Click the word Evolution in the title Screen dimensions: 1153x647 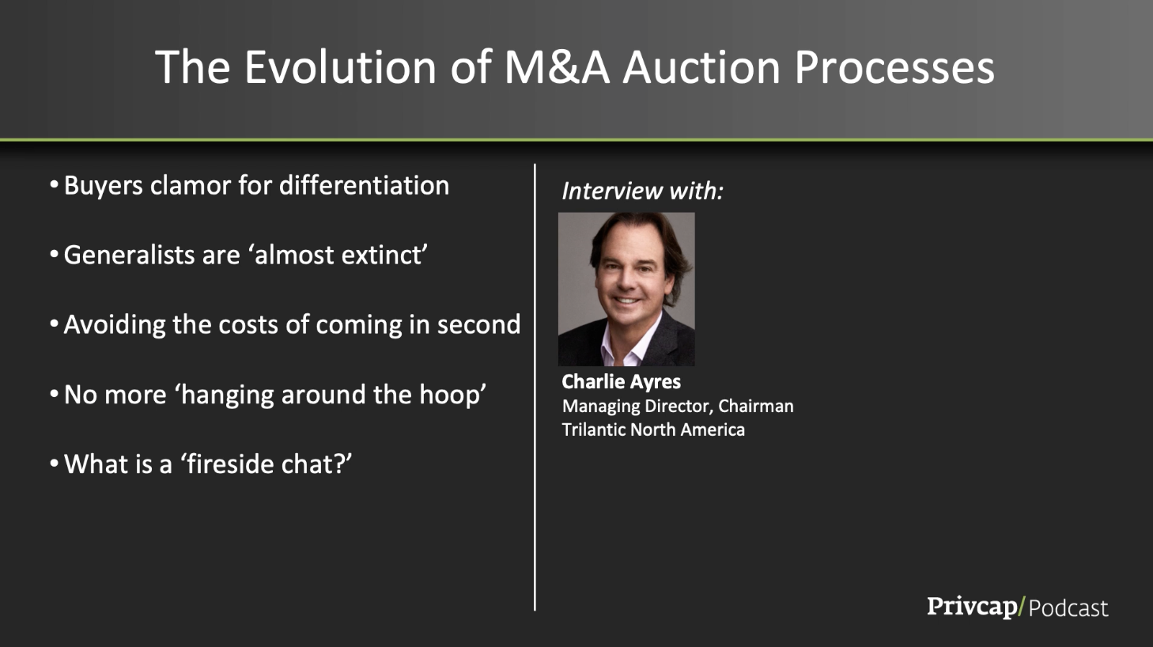click(340, 67)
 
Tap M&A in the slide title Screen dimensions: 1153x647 click(557, 67)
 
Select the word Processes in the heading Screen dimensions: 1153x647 click(894, 67)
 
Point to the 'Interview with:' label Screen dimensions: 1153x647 click(642, 191)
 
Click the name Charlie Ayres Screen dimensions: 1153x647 click(622, 382)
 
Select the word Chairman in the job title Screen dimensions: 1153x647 click(756, 406)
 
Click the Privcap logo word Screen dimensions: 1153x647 click(972, 607)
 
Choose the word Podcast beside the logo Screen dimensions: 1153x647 click(1068, 608)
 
